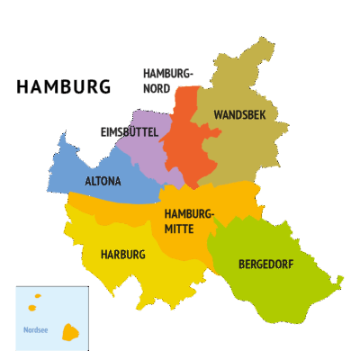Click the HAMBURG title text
63,87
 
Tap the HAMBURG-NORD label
167,80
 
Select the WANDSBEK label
239,115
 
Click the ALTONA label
103,181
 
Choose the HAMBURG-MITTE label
189,220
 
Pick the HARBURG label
122,255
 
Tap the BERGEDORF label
267,265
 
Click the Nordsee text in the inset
35,330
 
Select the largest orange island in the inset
70,333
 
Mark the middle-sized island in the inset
32,308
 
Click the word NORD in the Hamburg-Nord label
157,88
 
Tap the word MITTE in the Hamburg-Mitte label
178,229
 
